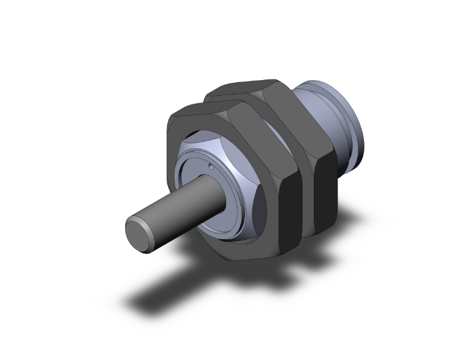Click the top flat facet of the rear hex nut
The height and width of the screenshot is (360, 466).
coord(244,87)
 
